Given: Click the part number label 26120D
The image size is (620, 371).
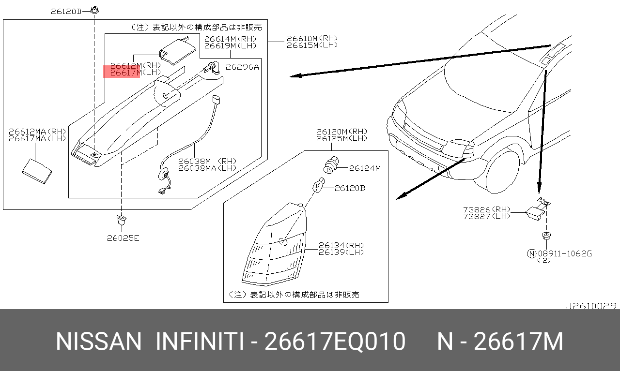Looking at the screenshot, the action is [x=66, y=12].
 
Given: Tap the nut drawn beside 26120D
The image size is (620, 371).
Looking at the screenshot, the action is [x=94, y=10].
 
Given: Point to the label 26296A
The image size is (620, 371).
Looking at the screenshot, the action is [x=242, y=67].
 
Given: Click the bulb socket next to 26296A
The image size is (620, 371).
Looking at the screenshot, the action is [x=212, y=68].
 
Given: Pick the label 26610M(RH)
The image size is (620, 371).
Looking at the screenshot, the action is [x=312, y=38].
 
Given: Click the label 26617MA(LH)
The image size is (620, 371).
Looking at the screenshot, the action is [x=37, y=138].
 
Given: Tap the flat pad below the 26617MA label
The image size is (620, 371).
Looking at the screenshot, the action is [x=37, y=171].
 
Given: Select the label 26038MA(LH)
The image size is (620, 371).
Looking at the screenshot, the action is [x=207, y=168].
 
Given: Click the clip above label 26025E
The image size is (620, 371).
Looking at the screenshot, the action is [x=121, y=220].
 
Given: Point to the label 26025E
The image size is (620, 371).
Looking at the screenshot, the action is [x=123, y=238].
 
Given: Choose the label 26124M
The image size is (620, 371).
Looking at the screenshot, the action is [x=365, y=168].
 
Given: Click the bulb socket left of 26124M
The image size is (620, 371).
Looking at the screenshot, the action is [x=331, y=165].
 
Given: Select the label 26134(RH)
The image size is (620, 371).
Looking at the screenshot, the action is [x=341, y=245].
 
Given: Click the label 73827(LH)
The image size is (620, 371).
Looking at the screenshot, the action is [x=487, y=216].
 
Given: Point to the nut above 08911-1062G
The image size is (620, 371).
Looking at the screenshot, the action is [x=546, y=236].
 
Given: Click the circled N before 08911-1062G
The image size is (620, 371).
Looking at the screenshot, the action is [x=531, y=253].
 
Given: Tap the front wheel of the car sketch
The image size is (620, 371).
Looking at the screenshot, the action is [x=502, y=172].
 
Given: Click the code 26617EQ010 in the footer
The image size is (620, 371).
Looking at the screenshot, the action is [x=335, y=341].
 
